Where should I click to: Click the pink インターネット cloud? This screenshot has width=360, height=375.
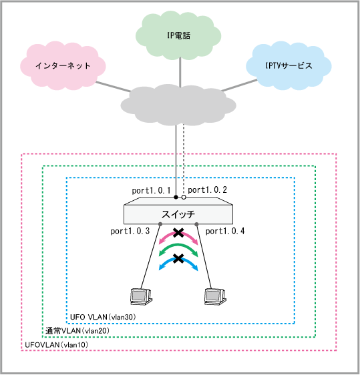(x=63, y=65)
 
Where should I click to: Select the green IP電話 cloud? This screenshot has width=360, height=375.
(x=178, y=35)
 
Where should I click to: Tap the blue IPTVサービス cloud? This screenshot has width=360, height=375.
(x=289, y=65)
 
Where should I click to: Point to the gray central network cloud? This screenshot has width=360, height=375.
(x=178, y=105)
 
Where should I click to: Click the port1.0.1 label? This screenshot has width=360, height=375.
(x=151, y=191)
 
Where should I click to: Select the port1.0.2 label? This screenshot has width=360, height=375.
(x=207, y=190)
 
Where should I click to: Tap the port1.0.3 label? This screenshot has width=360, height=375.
(x=130, y=232)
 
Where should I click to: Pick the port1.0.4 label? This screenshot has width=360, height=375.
(x=225, y=232)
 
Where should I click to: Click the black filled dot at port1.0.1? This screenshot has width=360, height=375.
(x=176, y=198)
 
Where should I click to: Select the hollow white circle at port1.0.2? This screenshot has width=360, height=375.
(x=184, y=198)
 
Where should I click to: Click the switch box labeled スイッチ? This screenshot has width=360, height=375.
(x=178, y=210)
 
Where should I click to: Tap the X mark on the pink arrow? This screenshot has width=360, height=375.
(x=178, y=233)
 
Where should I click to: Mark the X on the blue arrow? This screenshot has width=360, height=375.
(x=178, y=258)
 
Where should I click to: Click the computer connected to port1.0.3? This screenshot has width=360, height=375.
(x=141, y=296)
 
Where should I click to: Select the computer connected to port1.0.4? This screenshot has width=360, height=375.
(x=215, y=296)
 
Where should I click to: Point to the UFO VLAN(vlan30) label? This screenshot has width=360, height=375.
(x=103, y=317)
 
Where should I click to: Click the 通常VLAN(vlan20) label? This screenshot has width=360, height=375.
(x=77, y=331)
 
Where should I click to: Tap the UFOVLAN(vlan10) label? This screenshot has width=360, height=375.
(x=57, y=345)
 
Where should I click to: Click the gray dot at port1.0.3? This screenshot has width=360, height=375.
(x=160, y=224)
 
